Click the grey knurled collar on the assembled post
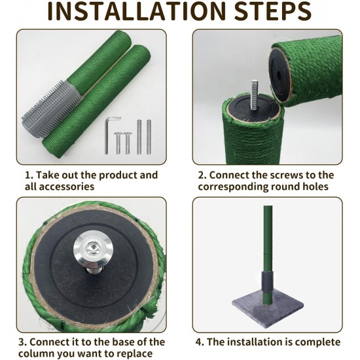click(267, 281)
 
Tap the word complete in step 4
click(317, 342)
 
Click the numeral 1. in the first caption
click(29, 175)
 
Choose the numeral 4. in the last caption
click(200, 342)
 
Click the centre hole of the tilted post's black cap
click(278, 75)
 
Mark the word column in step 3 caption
click(36, 353)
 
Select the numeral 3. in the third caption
click(23, 342)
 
